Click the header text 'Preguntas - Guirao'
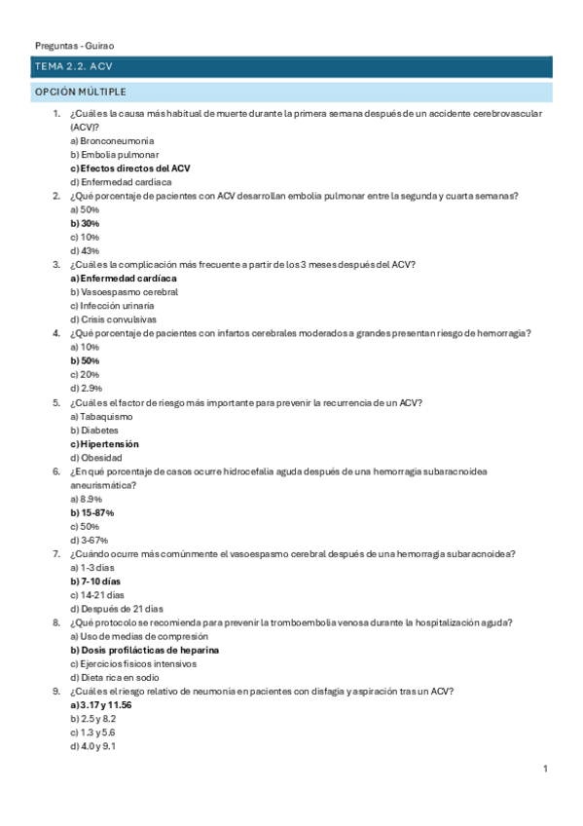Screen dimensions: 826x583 pyautogui.click(x=74, y=45)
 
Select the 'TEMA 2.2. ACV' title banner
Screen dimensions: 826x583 pyautogui.click(x=74, y=67)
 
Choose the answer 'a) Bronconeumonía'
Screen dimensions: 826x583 pyautogui.click(x=112, y=141)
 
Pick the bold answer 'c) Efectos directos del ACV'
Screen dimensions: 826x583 pyautogui.click(x=130, y=169)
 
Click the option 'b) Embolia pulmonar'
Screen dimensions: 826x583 pyautogui.click(x=115, y=155)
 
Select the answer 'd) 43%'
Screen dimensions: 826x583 pyautogui.click(x=85, y=251)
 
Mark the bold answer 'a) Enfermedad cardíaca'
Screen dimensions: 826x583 pyautogui.click(x=124, y=279)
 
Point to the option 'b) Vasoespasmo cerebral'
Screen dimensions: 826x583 pyautogui.click(x=124, y=292)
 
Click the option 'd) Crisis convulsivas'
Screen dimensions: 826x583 pyautogui.click(x=113, y=319)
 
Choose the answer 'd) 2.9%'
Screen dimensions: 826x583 pyautogui.click(x=86, y=389)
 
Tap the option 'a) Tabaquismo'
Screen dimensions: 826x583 pyautogui.click(x=101, y=416)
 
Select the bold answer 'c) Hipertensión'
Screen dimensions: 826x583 pyautogui.click(x=104, y=444)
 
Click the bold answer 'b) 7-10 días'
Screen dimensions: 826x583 pyautogui.click(x=95, y=582)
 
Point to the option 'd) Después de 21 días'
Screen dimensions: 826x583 pyautogui.click(x=117, y=609)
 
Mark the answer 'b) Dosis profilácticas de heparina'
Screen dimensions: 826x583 pyautogui.click(x=144, y=650)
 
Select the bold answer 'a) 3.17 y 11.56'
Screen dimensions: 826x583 pyautogui.click(x=101, y=705)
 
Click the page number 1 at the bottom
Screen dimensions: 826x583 pyautogui.click(x=545, y=770)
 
